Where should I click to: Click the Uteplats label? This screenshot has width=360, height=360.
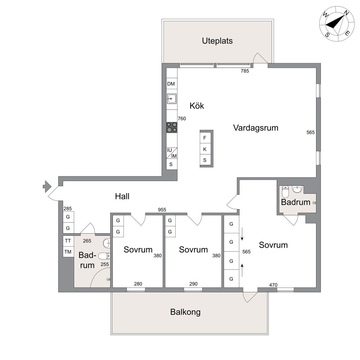217,41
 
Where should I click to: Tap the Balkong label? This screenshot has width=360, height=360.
185,312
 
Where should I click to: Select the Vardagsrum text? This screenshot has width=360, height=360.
256,128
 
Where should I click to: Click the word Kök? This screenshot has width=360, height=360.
197,105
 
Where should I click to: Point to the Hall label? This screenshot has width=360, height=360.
122,196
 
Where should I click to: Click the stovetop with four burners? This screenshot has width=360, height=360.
172,127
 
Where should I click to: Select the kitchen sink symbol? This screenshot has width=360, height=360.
172,99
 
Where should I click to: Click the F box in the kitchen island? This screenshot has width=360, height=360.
205,138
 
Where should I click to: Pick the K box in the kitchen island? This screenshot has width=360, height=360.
205,149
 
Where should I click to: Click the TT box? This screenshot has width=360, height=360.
68,241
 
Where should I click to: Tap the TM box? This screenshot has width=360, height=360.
68,252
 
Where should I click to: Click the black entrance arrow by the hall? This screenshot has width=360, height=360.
47,186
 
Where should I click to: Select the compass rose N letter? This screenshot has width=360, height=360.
346,13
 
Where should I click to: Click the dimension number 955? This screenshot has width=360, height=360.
162,210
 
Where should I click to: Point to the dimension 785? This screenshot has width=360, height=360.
245,71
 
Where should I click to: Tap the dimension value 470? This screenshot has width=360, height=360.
273,285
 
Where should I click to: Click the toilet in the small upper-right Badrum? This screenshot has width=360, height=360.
285,192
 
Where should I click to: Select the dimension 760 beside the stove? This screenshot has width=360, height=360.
182,118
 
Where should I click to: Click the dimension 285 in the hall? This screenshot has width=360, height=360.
68,208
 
